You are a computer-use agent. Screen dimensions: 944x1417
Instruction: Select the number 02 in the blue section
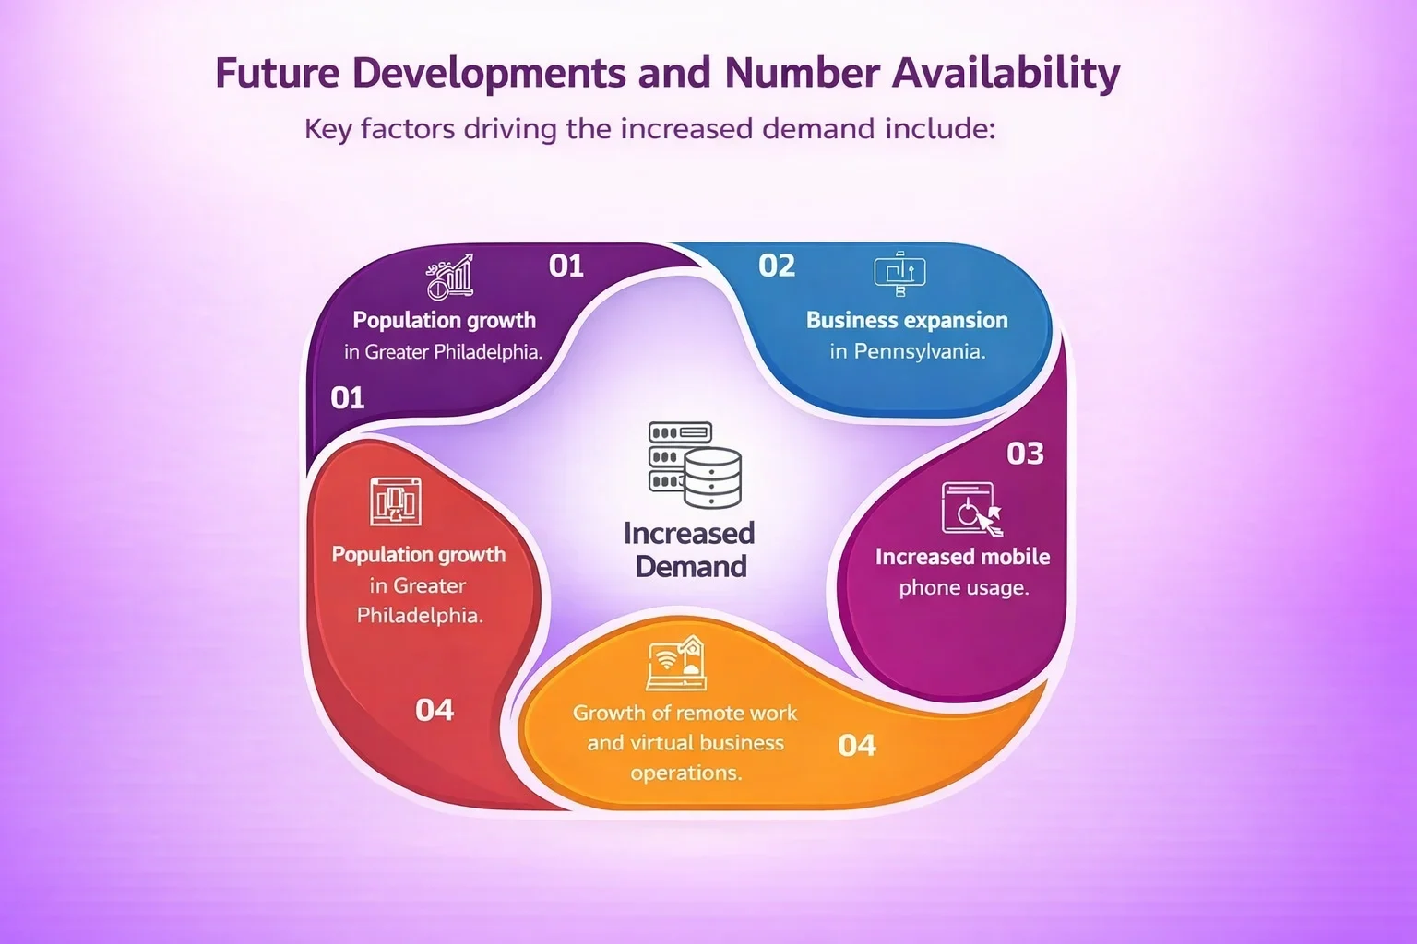(777, 266)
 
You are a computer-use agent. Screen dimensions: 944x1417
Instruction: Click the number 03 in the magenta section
(1025, 454)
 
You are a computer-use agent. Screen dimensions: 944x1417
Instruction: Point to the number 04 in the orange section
(856, 745)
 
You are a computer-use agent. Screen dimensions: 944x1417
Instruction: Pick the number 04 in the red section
(435, 710)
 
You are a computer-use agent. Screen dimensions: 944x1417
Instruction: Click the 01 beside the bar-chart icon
(566, 266)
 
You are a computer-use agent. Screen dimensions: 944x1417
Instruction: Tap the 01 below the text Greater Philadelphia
(348, 398)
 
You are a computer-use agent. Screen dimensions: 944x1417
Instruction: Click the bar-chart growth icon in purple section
(450, 277)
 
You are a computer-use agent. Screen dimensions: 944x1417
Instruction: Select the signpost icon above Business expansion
(899, 274)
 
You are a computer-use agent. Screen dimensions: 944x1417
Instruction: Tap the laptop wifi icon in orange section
(677, 664)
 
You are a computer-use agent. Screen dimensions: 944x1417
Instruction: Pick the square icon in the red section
(396, 501)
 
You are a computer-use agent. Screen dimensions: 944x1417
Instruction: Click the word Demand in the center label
(691, 566)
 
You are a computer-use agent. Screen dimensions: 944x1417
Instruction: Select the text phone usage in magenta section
(963, 587)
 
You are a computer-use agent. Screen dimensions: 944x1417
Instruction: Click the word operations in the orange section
(685, 773)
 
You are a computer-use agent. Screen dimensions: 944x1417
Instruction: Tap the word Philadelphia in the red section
(420, 615)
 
